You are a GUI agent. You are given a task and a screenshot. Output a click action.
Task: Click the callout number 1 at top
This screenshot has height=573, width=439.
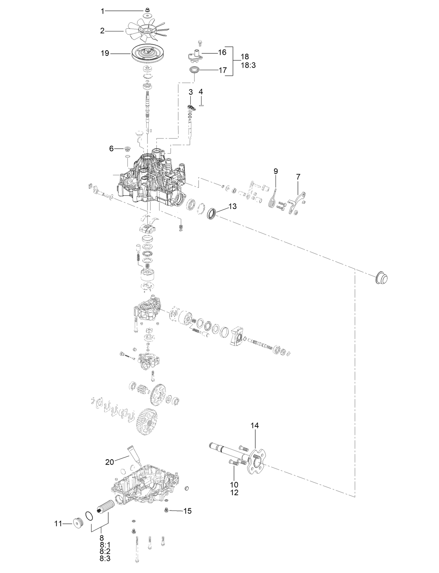pos(103,11)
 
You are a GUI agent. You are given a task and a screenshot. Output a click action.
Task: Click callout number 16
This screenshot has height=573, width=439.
pos(222,52)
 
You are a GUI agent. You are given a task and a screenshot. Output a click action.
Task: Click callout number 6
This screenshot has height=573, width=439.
pos(111,149)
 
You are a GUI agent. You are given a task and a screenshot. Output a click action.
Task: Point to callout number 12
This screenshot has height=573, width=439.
pos(234,493)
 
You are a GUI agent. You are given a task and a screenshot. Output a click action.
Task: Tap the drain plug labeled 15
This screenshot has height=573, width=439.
pos(167,511)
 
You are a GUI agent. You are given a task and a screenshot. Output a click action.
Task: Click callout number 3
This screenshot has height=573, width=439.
pos(190,92)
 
